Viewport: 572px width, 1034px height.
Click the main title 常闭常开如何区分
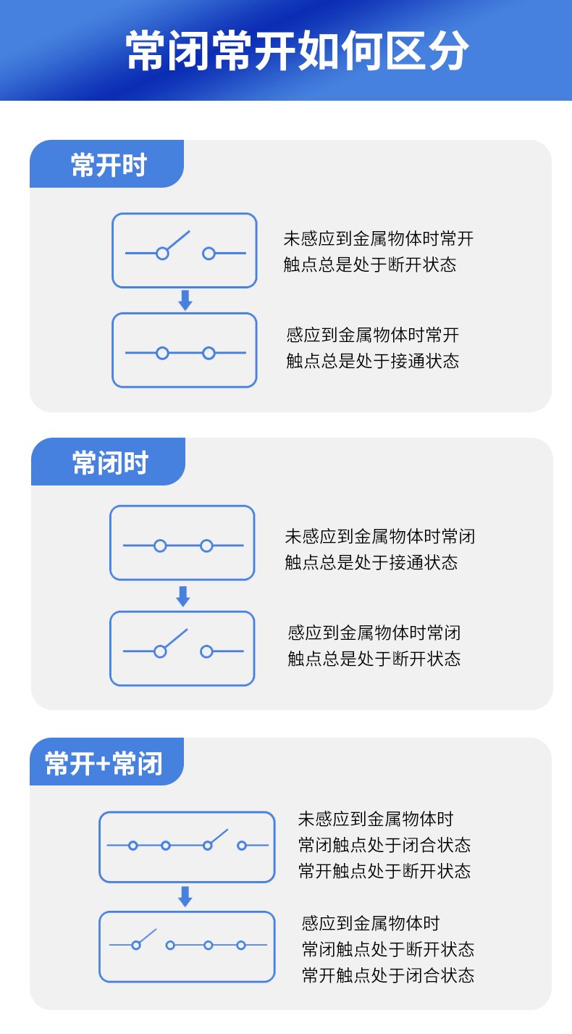(x=298, y=51)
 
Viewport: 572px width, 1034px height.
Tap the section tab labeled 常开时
(x=109, y=165)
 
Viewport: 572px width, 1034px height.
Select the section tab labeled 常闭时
(x=110, y=463)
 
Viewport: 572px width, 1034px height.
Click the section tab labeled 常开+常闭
(x=104, y=763)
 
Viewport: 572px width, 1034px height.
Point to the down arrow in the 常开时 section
(x=185, y=301)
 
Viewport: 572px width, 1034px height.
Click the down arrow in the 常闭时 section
(x=182, y=596)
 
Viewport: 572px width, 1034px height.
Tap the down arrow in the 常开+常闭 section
(x=185, y=896)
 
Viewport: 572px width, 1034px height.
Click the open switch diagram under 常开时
(x=185, y=251)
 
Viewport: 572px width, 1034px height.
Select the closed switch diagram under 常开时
(x=185, y=351)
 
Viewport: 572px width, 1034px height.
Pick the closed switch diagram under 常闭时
(x=182, y=543)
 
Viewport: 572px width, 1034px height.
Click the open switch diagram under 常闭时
(x=182, y=649)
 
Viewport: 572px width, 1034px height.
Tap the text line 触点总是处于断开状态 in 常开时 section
(x=370, y=264)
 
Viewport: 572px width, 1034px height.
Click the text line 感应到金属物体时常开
(x=373, y=335)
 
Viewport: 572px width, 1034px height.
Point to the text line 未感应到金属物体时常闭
(x=380, y=536)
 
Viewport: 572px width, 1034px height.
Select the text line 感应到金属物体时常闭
(x=374, y=633)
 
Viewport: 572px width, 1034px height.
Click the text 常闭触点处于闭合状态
(x=384, y=845)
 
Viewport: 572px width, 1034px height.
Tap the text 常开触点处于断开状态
(x=384, y=871)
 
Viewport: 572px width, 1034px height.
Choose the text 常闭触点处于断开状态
(x=388, y=949)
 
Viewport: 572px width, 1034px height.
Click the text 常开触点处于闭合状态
(x=388, y=975)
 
